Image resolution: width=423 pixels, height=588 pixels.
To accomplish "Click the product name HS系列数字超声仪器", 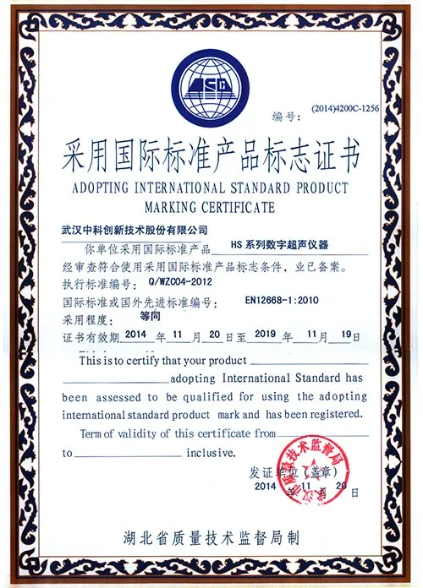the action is (285, 246).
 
